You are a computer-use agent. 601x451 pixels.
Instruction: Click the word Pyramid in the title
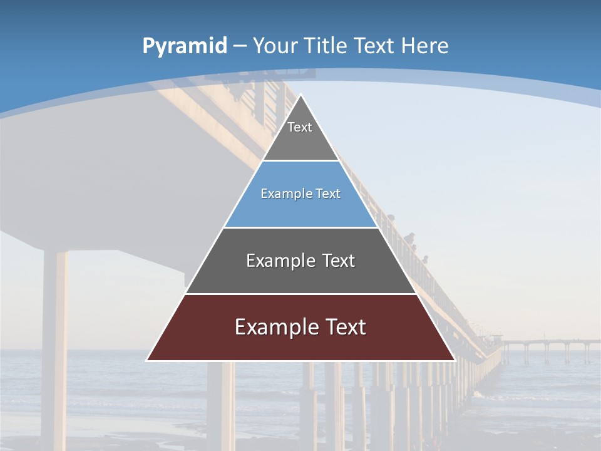pyautogui.click(x=185, y=46)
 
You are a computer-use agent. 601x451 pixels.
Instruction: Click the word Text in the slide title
pyautogui.click(x=374, y=46)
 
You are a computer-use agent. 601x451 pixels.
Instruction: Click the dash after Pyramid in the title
pyautogui.click(x=240, y=46)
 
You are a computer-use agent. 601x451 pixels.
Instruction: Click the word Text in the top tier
pyautogui.click(x=300, y=127)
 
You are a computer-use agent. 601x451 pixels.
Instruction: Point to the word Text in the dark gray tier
pyautogui.click(x=339, y=261)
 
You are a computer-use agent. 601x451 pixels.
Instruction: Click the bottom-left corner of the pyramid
pyautogui.click(x=148, y=360)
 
